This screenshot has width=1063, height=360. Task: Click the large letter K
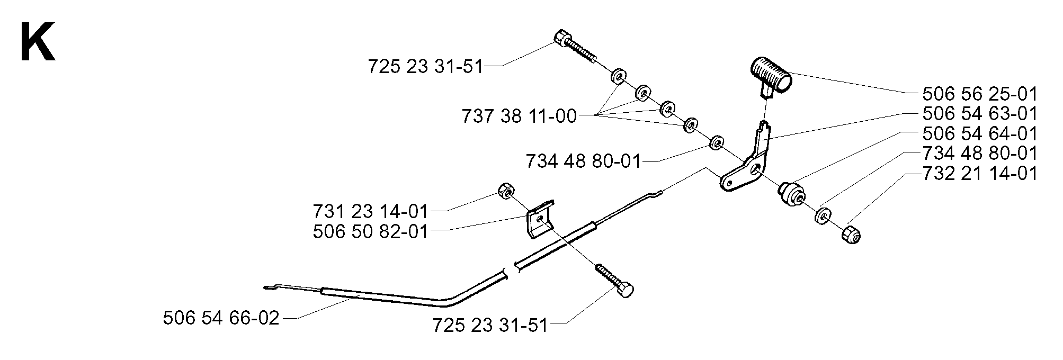[37, 43]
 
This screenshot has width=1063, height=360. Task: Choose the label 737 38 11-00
[519, 116]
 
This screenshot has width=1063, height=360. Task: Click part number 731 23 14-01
[370, 212]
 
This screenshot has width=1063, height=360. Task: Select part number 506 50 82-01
[370, 231]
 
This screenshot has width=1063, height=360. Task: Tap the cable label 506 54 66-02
[221, 318]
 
